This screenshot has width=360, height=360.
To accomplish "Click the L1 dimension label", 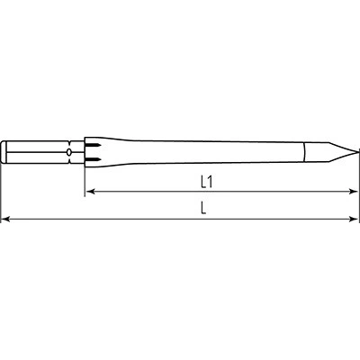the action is [207, 182].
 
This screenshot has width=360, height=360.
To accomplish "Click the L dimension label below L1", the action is [203, 208].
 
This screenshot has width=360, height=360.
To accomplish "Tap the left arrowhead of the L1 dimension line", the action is [90, 192].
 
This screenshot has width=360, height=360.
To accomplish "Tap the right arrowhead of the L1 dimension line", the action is [354, 192].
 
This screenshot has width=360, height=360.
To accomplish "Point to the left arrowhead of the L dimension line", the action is [6, 220].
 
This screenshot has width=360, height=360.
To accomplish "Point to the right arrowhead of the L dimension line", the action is [354, 220].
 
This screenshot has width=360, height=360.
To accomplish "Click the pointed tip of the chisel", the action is [358, 152].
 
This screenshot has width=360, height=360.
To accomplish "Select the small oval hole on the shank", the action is [69, 152].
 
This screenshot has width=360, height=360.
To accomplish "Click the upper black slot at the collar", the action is [93, 146].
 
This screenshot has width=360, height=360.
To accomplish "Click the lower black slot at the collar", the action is [93, 158].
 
